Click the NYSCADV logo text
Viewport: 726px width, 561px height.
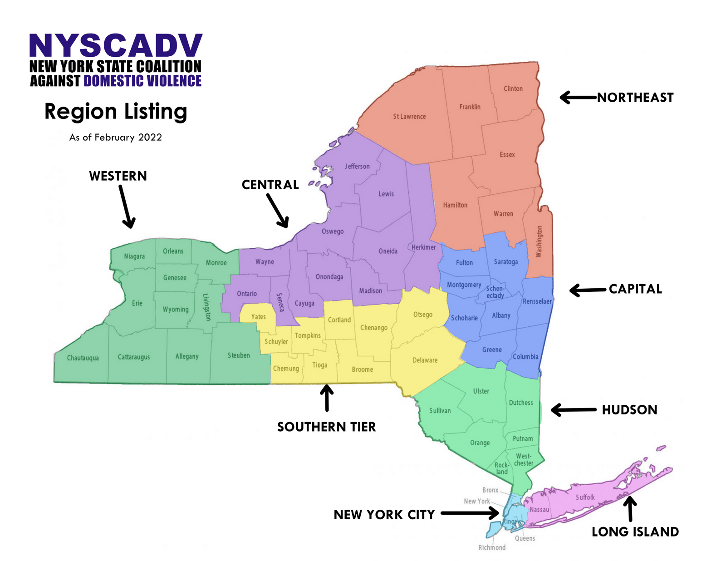click(116, 46)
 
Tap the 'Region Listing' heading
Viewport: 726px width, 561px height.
click(116, 112)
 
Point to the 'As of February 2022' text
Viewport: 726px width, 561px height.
click(116, 138)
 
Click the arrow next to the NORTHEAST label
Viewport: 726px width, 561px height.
click(578, 97)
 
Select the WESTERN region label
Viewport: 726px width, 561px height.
click(118, 176)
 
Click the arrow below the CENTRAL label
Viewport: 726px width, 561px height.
click(277, 211)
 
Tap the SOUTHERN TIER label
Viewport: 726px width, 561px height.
click(326, 427)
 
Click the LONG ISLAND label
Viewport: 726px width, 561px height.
click(635, 532)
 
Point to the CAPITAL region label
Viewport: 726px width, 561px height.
click(635, 289)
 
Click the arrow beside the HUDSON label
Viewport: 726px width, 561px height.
click(574, 410)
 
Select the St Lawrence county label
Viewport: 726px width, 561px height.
click(409, 117)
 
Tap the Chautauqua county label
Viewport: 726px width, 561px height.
click(83, 358)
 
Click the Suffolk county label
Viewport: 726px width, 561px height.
click(585, 497)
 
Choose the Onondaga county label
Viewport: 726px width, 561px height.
click(329, 277)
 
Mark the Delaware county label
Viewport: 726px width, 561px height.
click(425, 360)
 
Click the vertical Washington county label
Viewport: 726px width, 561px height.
click(539, 241)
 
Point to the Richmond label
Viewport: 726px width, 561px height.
click(492, 548)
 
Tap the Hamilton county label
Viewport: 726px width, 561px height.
click(455, 205)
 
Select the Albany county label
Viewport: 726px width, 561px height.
click(501, 315)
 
